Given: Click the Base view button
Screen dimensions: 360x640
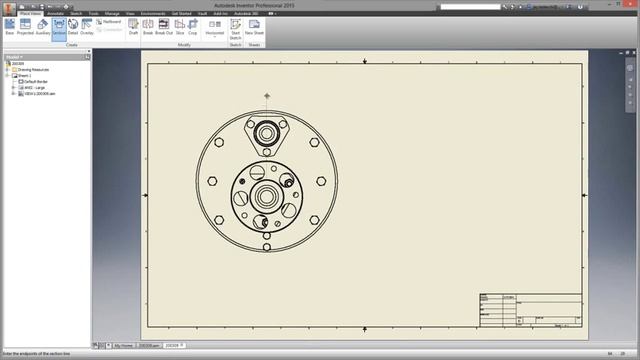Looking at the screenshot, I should click(10, 25).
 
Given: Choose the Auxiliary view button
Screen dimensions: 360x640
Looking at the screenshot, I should click(44, 25).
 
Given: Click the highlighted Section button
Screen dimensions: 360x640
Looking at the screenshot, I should click(59, 25).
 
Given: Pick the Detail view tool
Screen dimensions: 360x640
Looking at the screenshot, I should click(73, 25).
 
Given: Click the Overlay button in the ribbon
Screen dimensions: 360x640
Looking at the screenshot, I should click(87, 25).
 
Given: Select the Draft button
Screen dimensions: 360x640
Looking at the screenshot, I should click(133, 25).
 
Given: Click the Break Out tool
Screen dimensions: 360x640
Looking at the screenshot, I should click(164, 25).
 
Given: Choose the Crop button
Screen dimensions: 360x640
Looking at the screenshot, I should click(194, 25).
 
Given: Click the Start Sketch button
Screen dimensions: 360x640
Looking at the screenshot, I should click(236, 27).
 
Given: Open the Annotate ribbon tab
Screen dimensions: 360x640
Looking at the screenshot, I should click(55, 13).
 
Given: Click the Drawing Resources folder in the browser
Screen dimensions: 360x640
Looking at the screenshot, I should click(31, 69).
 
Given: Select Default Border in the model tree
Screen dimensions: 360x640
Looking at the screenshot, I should click(36, 81).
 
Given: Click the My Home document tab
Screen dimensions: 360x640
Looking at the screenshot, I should click(123, 345).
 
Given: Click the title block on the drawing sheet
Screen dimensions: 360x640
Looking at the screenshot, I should click(530, 310).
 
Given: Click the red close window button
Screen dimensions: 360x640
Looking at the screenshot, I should click(632, 4).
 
